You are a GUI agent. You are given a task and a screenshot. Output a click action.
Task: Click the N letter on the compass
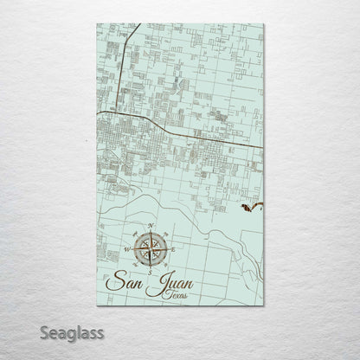pyautogui.click(x=152, y=227)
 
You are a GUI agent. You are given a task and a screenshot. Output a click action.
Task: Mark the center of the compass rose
pyautogui.click(x=152, y=248)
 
